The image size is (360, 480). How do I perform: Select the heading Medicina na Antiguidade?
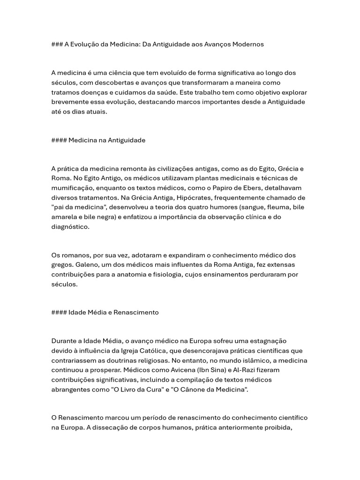107,140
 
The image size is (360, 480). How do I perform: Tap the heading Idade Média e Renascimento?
113,312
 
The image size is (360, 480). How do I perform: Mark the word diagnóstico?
70,226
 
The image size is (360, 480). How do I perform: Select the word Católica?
183,351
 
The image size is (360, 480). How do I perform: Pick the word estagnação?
267,341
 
